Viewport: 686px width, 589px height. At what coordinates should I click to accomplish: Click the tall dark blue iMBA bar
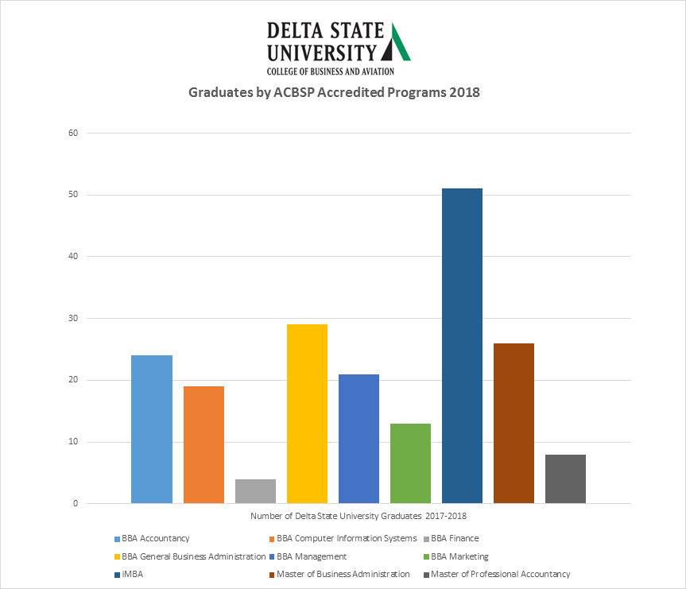click(x=462, y=346)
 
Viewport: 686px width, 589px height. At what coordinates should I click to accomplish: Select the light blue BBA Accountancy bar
click(x=152, y=429)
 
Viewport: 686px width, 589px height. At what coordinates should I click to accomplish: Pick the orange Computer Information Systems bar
click(x=203, y=444)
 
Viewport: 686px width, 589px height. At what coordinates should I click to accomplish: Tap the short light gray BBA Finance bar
click(x=255, y=491)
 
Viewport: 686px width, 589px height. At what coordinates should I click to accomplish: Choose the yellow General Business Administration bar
click(x=307, y=413)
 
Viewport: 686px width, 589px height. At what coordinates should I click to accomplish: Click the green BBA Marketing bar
click(x=410, y=463)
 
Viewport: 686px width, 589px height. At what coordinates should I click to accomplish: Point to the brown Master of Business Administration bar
click(x=514, y=423)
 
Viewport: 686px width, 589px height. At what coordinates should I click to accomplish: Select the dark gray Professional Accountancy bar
click(x=565, y=479)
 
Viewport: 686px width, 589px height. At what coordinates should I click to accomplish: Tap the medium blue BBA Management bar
click(x=359, y=439)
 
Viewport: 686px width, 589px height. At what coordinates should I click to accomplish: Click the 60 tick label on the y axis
click(x=73, y=133)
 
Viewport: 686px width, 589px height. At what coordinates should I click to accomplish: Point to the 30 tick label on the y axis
click(x=73, y=318)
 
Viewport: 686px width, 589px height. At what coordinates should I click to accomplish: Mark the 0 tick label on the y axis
click(x=76, y=503)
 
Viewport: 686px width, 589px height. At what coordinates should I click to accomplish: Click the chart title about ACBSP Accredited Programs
click(x=334, y=92)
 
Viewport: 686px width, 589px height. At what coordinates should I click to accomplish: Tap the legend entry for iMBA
click(x=134, y=574)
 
